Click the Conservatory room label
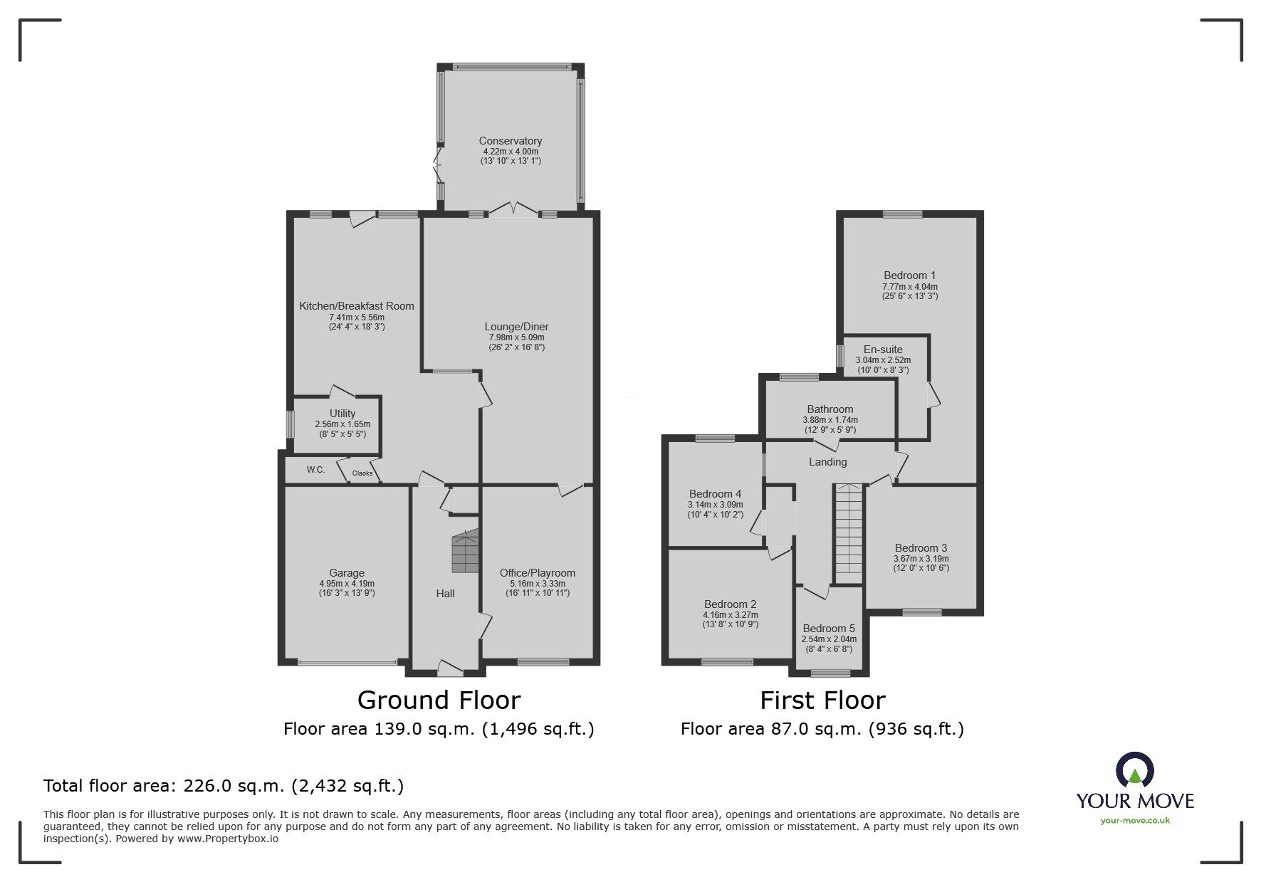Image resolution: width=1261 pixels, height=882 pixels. pyautogui.click(x=510, y=141)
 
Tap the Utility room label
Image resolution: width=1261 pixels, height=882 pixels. pyautogui.click(x=342, y=414)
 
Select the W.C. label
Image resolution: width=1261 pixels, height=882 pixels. pyautogui.click(x=315, y=470)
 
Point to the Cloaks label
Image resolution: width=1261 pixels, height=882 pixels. pyautogui.click(x=362, y=473)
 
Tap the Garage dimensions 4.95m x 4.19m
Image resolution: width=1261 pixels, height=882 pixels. pyautogui.click(x=347, y=584)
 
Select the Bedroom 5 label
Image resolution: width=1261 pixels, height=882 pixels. pyautogui.click(x=829, y=629)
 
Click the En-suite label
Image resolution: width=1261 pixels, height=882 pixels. pyautogui.click(x=883, y=350)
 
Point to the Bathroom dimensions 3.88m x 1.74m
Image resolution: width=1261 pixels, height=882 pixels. pyautogui.click(x=830, y=420)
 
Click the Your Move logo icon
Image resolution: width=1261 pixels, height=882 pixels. pyautogui.click(x=1134, y=771)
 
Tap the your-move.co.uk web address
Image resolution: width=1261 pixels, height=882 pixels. pyautogui.click(x=1135, y=821)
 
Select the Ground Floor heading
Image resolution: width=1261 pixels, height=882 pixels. pyautogui.click(x=439, y=700)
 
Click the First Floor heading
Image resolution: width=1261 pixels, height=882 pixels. pyautogui.click(x=822, y=700)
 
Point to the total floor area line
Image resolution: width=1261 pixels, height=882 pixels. pyautogui.click(x=224, y=786)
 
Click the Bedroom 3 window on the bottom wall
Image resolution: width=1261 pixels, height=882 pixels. pyautogui.click(x=922, y=611)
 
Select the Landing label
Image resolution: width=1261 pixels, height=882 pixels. pyautogui.click(x=828, y=462)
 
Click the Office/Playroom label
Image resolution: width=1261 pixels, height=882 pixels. pyautogui.click(x=538, y=573)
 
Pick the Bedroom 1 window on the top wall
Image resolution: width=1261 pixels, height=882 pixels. pyautogui.click(x=903, y=214)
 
